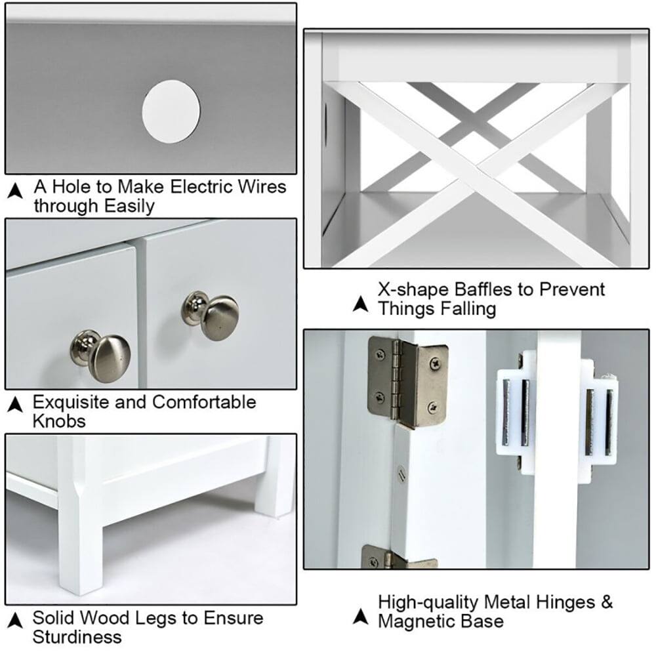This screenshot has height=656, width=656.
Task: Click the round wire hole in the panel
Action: click(x=171, y=111)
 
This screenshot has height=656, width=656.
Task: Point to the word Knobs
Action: click(x=59, y=420)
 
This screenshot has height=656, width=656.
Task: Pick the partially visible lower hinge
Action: click(x=398, y=558)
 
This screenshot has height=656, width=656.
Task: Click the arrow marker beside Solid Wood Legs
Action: click(x=14, y=620)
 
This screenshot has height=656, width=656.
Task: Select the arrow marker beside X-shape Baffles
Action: click(x=359, y=304)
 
